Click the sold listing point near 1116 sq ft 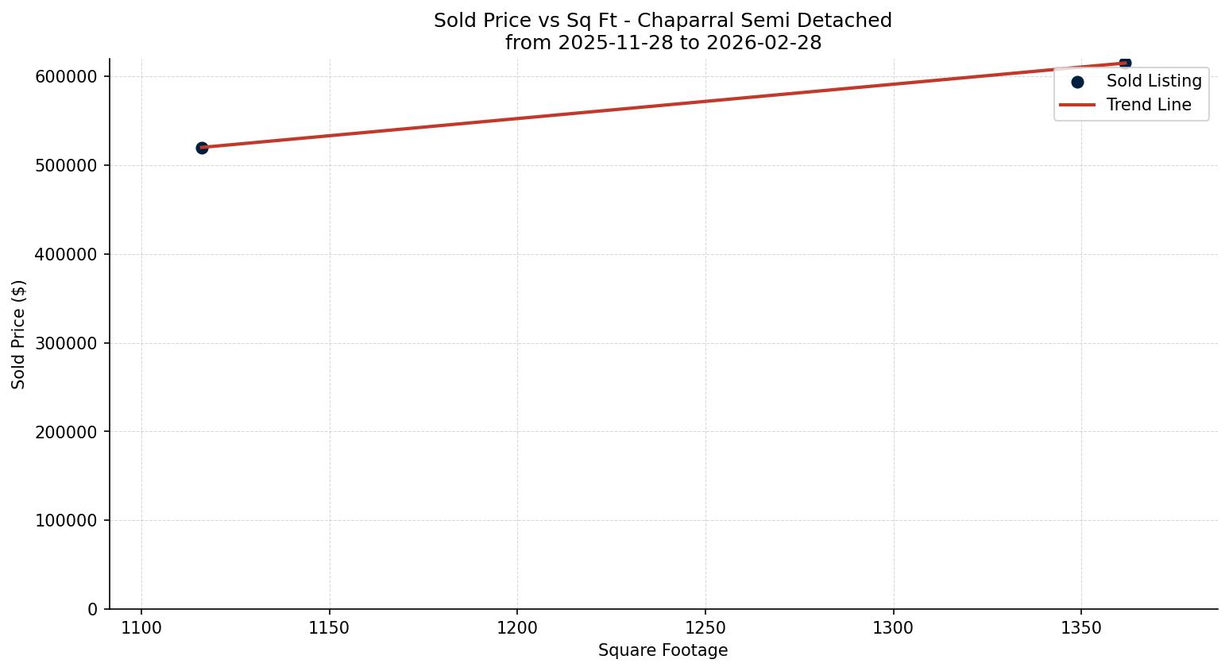pyautogui.click(x=202, y=148)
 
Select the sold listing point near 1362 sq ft pyautogui.click(x=1125, y=63)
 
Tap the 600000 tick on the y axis pyautogui.click(x=66, y=77)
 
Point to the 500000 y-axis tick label pyautogui.click(x=66, y=166)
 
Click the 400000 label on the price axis pyautogui.click(x=66, y=255)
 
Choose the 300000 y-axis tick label pyautogui.click(x=66, y=344)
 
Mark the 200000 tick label pyautogui.click(x=66, y=433)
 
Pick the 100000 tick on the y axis pyautogui.click(x=66, y=521)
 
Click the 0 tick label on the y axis pyautogui.click(x=93, y=610)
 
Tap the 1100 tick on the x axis pyautogui.click(x=141, y=628)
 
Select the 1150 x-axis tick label pyautogui.click(x=330, y=628)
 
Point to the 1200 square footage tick pyautogui.click(x=517, y=628)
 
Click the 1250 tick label pyautogui.click(x=705, y=628)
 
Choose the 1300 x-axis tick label pyautogui.click(x=893, y=628)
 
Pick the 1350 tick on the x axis pyautogui.click(x=1081, y=628)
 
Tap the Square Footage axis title pyautogui.click(x=663, y=651)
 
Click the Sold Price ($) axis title pyautogui.click(x=18, y=334)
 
